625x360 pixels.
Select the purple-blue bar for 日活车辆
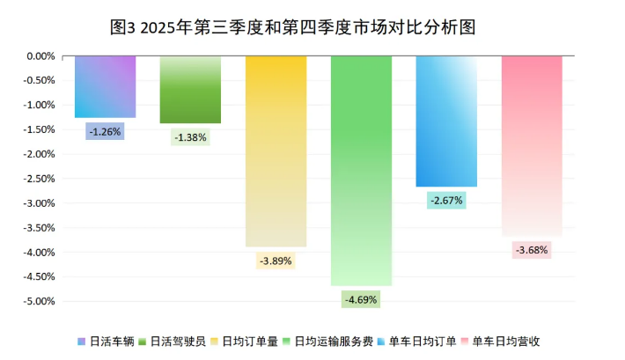click(106, 86)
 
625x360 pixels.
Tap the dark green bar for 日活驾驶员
click(190, 89)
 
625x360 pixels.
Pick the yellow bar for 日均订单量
click(276, 150)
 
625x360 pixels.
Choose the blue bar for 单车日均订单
click(446, 121)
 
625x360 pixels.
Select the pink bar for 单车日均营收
click(532, 145)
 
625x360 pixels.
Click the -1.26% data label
click(106, 131)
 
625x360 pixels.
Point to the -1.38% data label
click(190, 137)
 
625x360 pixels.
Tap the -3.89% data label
click(276, 261)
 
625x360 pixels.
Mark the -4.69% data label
click(361, 299)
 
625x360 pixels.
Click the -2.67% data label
click(446, 201)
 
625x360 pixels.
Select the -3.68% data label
click(532, 250)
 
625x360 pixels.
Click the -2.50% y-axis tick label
click(40, 179)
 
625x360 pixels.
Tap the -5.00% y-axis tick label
click(40, 301)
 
